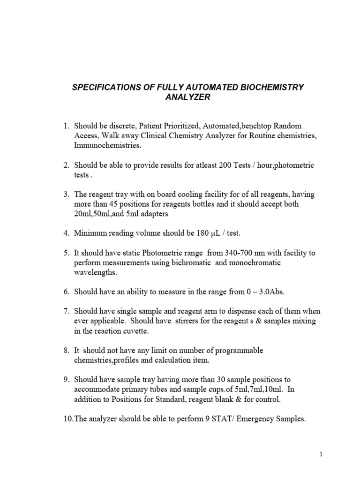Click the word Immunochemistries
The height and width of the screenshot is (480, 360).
pyautogui.click(x=107, y=146)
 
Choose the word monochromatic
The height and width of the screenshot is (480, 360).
pyautogui.click(x=255, y=263)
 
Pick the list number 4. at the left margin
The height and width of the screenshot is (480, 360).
pyautogui.click(x=67, y=233)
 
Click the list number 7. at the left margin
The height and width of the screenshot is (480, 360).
pyautogui.click(x=67, y=311)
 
